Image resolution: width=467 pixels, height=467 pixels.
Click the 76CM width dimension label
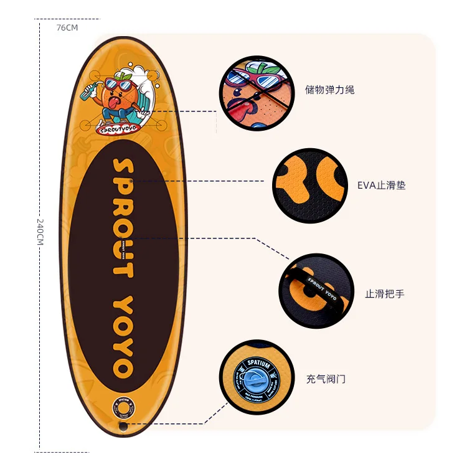click(x=67, y=28)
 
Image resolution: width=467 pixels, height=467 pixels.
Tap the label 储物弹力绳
click(x=330, y=90)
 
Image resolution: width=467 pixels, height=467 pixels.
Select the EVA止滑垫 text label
click(x=381, y=185)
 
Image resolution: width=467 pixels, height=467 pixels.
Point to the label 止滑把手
click(x=384, y=293)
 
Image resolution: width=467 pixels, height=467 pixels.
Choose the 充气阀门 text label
click(x=325, y=379)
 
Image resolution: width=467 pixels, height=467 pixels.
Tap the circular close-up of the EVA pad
click(x=310, y=185)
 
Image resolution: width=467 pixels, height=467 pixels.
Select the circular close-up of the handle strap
click(x=316, y=290)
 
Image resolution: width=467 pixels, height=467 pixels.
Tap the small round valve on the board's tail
click(x=123, y=408)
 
